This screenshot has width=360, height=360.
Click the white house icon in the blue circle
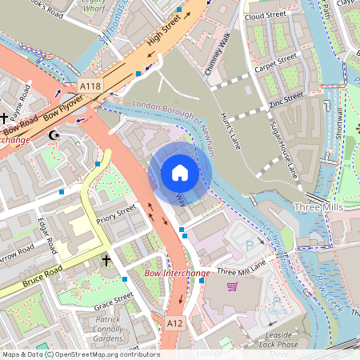pyautogui.click(x=180, y=173)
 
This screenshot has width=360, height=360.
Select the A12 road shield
pyautogui.click(x=175, y=321)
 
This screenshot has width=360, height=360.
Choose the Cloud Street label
pyautogui.click(x=267, y=16)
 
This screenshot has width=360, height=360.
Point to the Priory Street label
pyautogui.click(x=116, y=214)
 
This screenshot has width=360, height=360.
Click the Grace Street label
pyautogui.click(x=113, y=302)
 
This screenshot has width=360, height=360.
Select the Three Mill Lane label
pyautogui.click(x=241, y=270)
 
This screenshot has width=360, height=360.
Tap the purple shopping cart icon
pyautogui.click(x=233, y=286)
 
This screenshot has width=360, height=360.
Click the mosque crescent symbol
pyautogui.click(x=54, y=136)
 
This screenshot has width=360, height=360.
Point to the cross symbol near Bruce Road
pyautogui.click(x=106, y=260)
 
